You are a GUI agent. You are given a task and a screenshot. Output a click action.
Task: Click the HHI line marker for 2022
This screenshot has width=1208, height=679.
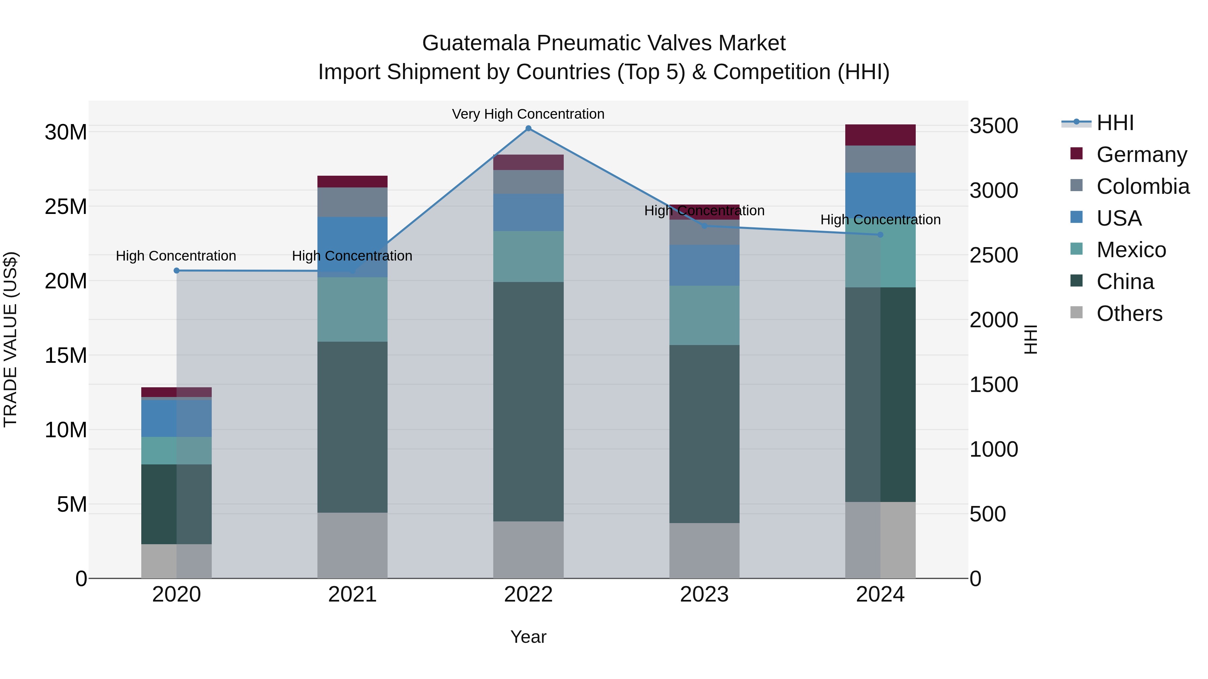(528, 128)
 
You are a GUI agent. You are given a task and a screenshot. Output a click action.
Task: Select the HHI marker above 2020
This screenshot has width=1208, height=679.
(176, 270)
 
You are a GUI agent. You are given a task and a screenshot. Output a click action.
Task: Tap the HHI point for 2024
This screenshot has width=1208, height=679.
(880, 235)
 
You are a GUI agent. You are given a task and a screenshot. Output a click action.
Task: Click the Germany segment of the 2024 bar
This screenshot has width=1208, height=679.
(880, 135)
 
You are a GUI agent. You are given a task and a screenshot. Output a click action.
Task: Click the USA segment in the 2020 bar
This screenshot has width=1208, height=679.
(176, 418)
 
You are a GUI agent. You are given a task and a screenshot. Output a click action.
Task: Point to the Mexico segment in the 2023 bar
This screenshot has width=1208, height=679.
(704, 316)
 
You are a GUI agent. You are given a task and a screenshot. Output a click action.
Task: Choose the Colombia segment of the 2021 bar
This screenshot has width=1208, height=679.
(352, 202)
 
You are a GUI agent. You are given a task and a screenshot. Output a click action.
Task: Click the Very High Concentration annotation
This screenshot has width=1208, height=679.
(528, 114)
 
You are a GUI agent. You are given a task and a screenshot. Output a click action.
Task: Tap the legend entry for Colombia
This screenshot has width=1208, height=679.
(1142, 186)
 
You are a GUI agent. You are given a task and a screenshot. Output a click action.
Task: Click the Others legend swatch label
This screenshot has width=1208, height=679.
(1129, 314)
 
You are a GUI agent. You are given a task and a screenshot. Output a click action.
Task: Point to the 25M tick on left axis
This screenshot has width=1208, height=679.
(66, 207)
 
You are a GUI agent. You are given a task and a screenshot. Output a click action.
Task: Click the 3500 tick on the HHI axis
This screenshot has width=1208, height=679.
(993, 126)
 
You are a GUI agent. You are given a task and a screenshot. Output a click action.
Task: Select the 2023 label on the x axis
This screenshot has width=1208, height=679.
(704, 595)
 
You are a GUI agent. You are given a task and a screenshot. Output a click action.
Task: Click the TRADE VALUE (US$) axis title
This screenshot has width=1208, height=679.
(10, 339)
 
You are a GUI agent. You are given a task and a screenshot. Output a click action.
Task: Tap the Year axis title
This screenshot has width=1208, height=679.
(528, 637)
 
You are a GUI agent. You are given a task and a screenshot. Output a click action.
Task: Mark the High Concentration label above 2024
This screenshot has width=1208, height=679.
(880, 219)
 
